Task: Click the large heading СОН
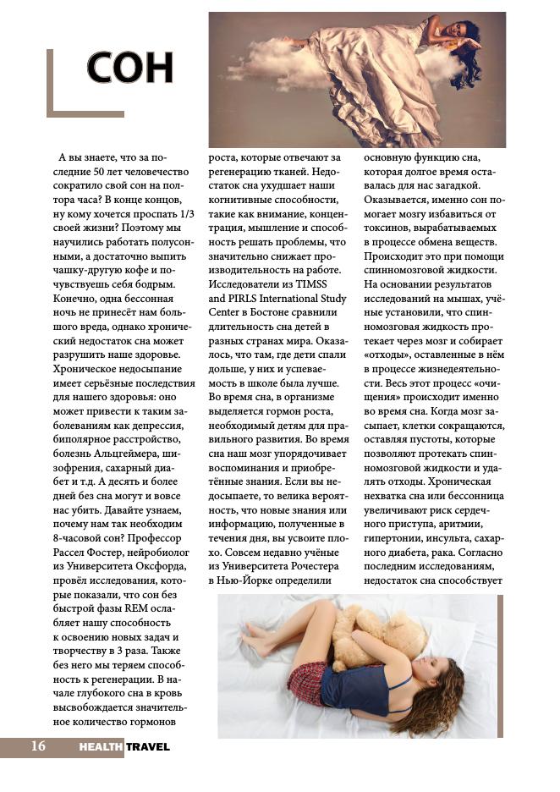(x=129, y=69)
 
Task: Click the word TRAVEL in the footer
(x=148, y=747)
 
